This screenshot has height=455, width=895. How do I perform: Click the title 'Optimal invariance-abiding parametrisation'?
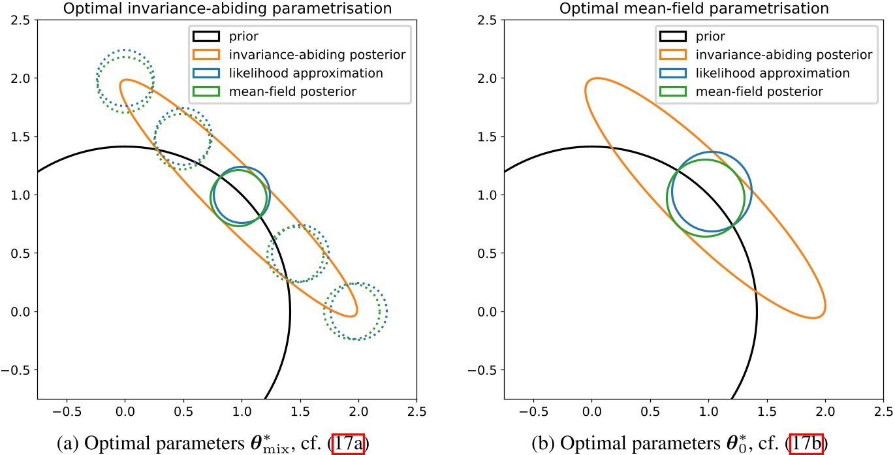click(228, 8)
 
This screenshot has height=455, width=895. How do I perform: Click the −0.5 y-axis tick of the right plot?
click(482, 370)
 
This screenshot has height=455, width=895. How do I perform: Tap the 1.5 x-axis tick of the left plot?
click(300, 412)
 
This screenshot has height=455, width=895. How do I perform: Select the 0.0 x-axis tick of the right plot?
click(591, 412)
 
